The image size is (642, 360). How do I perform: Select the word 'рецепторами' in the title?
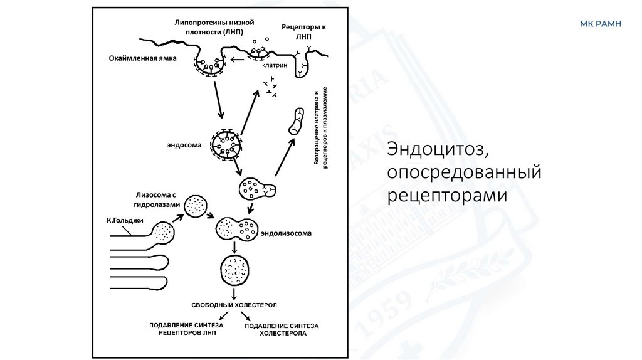coord(446,196)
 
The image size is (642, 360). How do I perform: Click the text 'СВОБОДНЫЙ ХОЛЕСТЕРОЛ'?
coord(234,304)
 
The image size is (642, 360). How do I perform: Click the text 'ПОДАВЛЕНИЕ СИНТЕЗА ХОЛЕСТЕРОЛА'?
coord(282,330)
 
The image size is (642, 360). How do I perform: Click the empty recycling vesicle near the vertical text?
coord(295,122)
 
